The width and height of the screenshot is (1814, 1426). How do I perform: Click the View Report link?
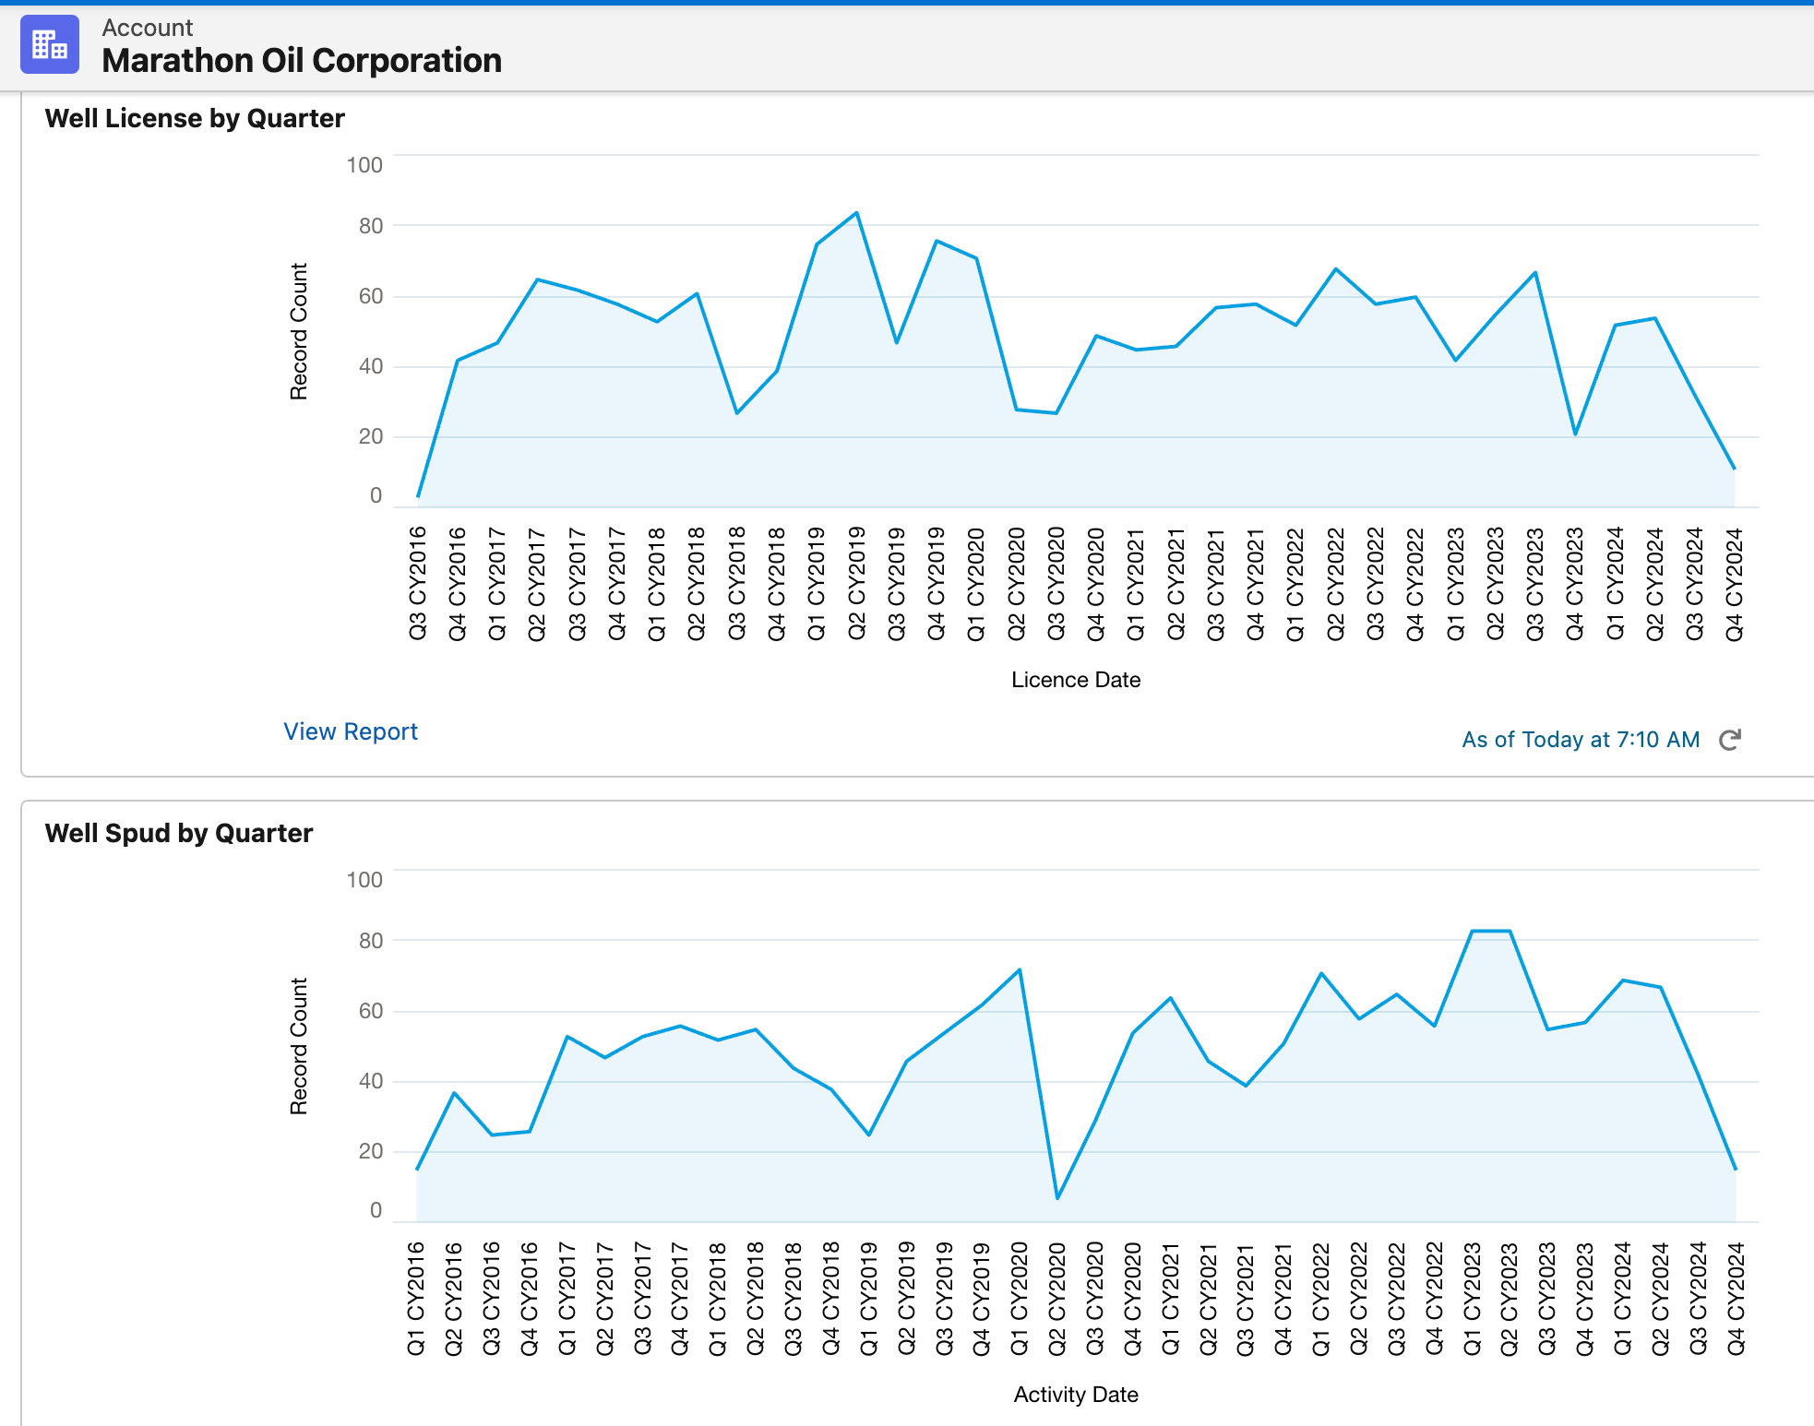coord(350,731)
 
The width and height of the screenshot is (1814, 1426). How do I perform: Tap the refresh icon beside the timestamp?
coord(1730,740)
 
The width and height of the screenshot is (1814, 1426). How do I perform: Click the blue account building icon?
coord(50,44)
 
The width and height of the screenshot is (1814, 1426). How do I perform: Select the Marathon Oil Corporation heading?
coord(302,61)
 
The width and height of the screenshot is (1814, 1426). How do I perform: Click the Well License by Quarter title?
coord(195,118)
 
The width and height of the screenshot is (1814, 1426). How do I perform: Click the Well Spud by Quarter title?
coord(179,833)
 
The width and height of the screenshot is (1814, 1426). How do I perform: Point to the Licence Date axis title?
coord(1076,680)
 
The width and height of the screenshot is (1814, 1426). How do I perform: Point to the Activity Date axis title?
coord(1076,1395)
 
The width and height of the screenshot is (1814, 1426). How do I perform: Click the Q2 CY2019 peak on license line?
coord(856,213)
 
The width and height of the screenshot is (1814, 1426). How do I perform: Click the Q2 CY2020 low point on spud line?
coord(1057,1198)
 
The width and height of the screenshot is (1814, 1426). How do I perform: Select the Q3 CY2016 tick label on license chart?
coord(418,583)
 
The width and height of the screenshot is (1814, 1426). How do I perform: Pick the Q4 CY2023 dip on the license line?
coord(1575,434)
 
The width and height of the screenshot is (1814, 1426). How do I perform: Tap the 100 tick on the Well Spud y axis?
coord(364,880)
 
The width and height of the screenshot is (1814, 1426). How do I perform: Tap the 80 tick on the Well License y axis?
coord(370,226)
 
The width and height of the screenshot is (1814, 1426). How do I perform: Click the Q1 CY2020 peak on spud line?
coord(1020,969)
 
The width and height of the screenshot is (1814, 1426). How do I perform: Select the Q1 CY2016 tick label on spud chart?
coord(416,1298)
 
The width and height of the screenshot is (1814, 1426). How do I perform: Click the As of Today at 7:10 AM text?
coord(1581,740)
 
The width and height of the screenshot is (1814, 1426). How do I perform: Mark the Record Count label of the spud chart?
coord(298,1046)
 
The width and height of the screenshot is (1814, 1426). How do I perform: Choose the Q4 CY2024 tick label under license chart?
coord(1735,583)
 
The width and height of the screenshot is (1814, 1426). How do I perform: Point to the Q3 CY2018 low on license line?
coord(737,412)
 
